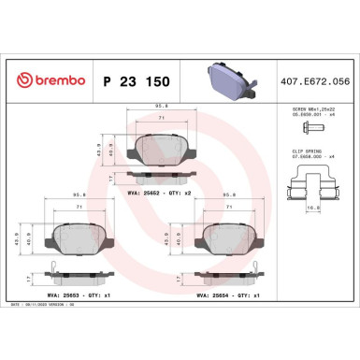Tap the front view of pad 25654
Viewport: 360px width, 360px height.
tap(229, 239)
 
